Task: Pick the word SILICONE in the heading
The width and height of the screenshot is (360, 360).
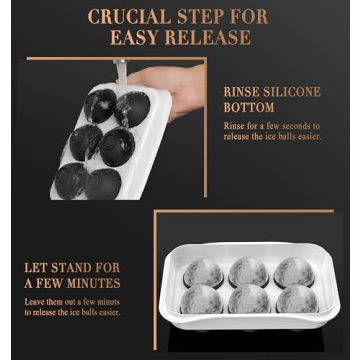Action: [x=294, y=92]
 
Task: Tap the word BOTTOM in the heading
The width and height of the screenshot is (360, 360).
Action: [x=249, y=107]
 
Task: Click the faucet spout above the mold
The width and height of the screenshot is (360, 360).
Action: [x=121, y=68]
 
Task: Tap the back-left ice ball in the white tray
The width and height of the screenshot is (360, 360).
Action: [x=204, y=271]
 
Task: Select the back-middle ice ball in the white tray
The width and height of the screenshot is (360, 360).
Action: [x=248, y=271]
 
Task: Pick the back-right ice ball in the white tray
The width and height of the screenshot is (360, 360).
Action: [x=293, y=271]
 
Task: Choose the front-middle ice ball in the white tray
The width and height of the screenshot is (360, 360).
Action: [x=248, y=301]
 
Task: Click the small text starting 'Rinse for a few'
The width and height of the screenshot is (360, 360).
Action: [x=258, y=131]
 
